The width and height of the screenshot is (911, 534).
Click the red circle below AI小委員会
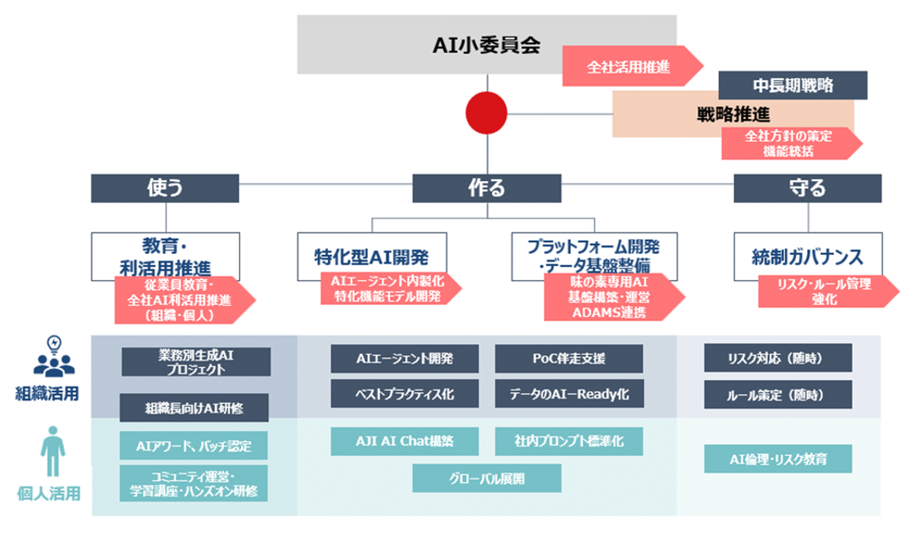[x=486, y=113]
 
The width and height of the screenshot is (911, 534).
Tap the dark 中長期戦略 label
[x=792, y=85]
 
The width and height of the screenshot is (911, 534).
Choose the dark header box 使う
[x=165, y=188]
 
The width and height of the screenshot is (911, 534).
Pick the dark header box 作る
[x=487, y=188]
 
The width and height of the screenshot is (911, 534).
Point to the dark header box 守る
[x=807, y=188]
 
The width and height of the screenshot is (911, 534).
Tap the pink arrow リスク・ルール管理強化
[x=825, y=291]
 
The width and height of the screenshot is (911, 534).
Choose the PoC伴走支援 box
[x=569, y=358]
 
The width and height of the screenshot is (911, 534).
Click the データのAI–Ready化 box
[x=569, y=394]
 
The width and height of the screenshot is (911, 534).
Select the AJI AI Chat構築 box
[x=404, y=441]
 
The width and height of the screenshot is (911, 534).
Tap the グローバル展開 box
[x=487, y=478]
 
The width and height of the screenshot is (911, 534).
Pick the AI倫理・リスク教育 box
[x=777, y=459]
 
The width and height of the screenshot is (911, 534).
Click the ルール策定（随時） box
[x=777, y=395]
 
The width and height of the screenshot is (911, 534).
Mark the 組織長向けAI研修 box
[x=194, y=408]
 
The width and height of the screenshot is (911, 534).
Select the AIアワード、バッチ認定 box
[x=193, y=446]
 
